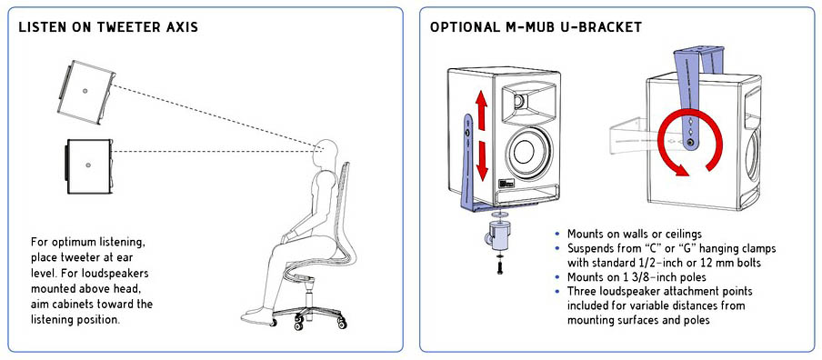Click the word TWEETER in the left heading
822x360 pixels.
coord(122,27)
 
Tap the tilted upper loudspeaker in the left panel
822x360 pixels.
coord(85,92)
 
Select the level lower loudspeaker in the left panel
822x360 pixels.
coord(88,166)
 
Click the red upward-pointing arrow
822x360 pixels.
coord(482,109)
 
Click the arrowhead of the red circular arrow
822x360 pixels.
coord(681,169)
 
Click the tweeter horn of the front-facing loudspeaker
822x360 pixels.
coord(526,103)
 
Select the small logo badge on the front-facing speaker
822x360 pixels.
coord(506,186)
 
